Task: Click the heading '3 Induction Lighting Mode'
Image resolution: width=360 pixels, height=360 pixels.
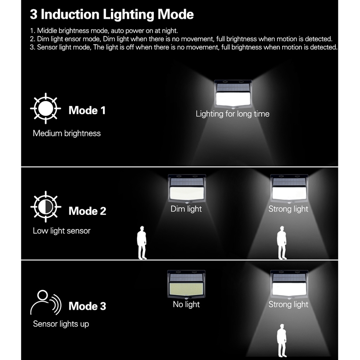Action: pyautogui.click(x=112, y=14)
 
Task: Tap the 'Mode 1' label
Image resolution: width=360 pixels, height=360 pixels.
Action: pyautogui.click(x=87, y=111)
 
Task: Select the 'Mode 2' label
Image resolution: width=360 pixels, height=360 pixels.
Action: pyautogui.click(x=87, y=211)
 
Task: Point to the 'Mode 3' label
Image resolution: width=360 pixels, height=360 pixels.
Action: pyautogui.click(x=87, y=306)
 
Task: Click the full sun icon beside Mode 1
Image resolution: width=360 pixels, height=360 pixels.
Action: pyautogui.click(x=46, y=108)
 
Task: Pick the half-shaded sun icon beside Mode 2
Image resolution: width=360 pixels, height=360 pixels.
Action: pyautogui.click(x=46, y=207)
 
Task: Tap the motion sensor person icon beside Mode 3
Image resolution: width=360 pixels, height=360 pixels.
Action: pyautogui.click(x=46, y=302)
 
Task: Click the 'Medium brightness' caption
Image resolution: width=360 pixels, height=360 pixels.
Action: pyautogui.click(x=67, y=134)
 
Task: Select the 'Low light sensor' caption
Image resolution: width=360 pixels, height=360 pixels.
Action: pyautogui.click(x=62, y=231)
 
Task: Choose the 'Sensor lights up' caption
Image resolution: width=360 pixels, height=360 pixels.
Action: pyautogui.click(x=61, y=324)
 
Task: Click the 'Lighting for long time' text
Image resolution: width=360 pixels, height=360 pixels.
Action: pyautogui.click(x=233, y=114)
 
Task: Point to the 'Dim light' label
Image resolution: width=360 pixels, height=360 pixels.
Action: pyautogui.click(x=186, y=209)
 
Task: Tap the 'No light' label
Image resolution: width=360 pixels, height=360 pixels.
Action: pyautogui.click(x=186, y=305)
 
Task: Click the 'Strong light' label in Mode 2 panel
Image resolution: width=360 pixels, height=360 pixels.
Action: pyautogui.click(x=288, y=209)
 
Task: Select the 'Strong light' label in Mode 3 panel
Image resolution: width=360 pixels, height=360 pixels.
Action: pyautogui.click(x=288, y=305)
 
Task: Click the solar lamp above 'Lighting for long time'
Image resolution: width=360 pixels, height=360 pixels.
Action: pyautogui.click(x=233, y=94)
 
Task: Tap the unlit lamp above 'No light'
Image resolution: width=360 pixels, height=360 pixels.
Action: pyautogui.click(x=186, y=285)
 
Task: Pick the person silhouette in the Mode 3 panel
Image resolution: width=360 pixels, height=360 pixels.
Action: pyautogui.click(x=282, y=341)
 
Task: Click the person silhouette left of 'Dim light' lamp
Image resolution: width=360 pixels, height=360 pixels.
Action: pyautogui.click(x=142, y=243)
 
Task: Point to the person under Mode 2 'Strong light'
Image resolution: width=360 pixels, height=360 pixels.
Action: pyautogui.click(x=282, y=243)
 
